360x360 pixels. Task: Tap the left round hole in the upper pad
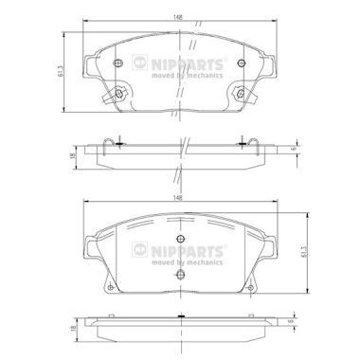click(x=117, y=64)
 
